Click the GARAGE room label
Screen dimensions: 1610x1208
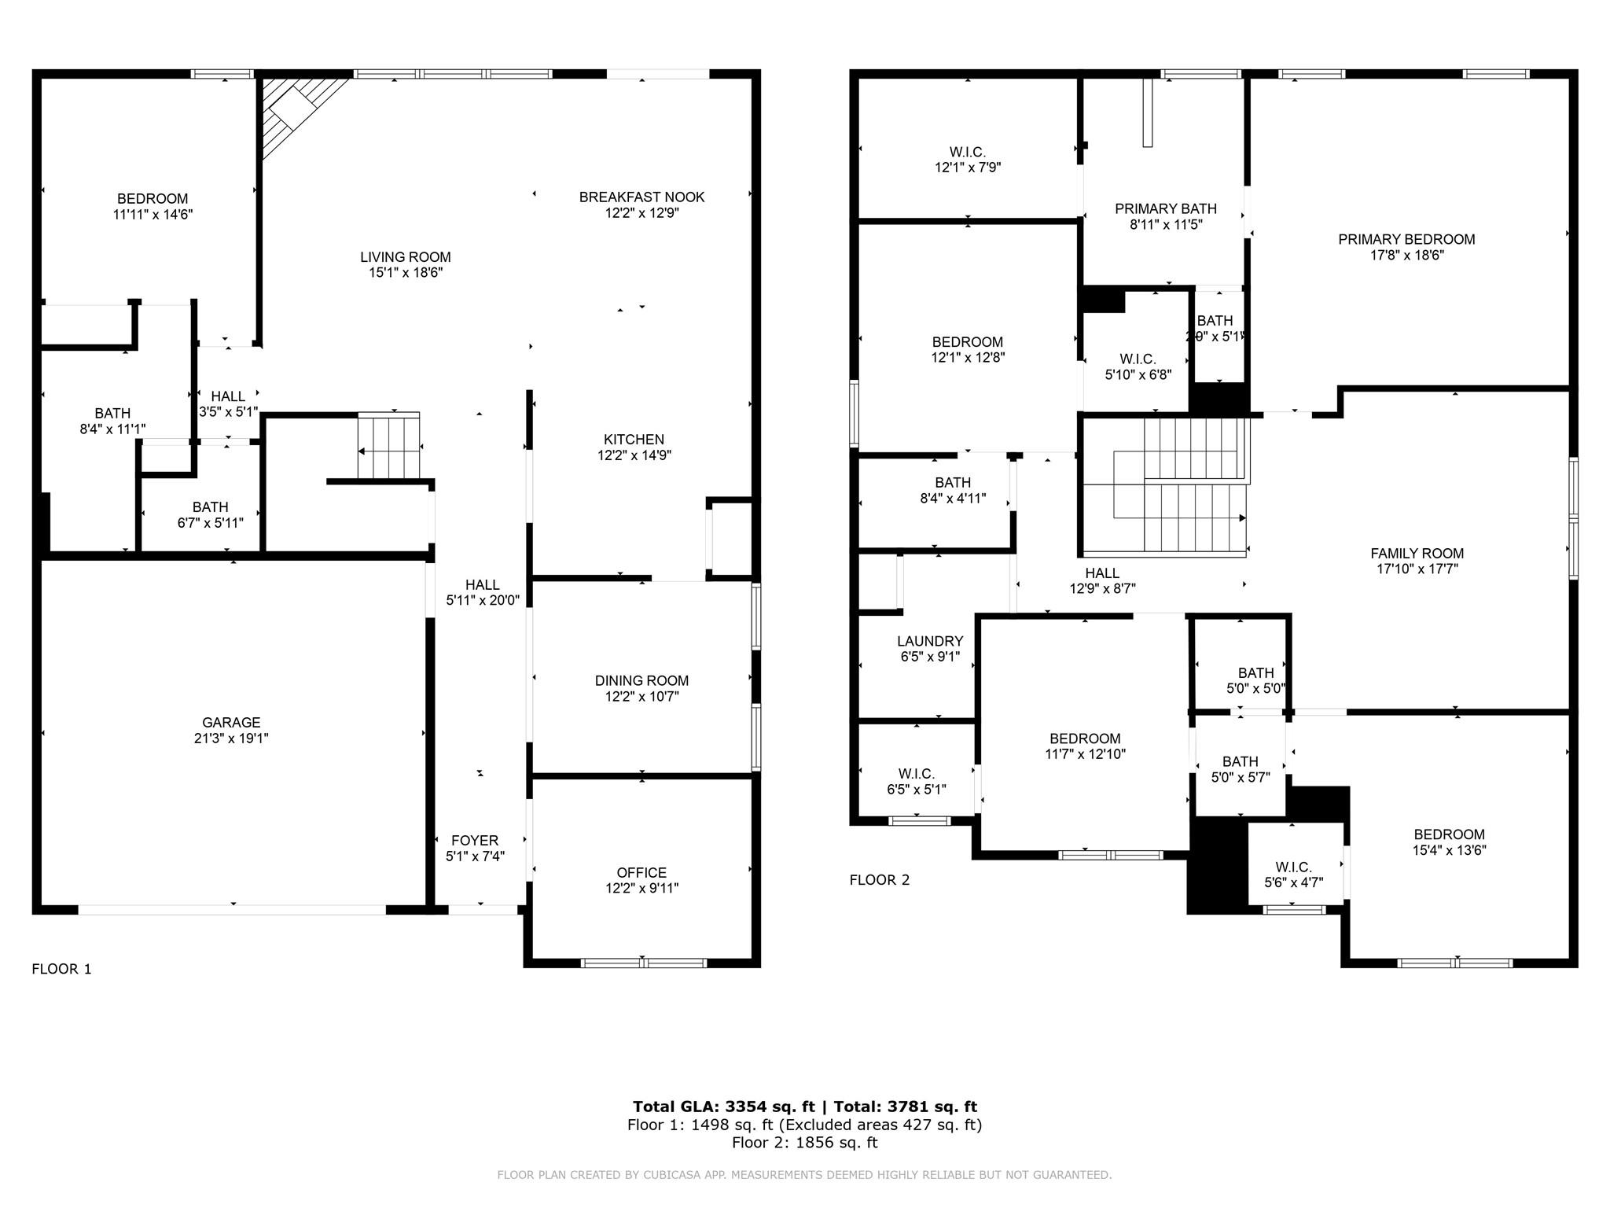(231, 722)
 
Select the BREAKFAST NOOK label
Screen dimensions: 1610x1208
(641, 197)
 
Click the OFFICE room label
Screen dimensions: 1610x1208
(641, 872)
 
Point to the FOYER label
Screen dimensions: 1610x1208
(475, 840)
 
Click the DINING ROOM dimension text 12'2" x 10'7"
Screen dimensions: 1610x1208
(641, 697)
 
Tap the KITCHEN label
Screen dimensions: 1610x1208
(634, 439)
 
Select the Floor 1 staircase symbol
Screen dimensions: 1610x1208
(389, 446)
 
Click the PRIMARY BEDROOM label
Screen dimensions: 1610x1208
(1406, 239)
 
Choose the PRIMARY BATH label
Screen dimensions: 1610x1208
(1166, 208)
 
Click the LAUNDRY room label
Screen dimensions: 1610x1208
(930, 641)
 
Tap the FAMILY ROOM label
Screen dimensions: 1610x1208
(1417, 553)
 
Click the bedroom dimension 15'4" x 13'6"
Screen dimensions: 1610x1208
(1449, 850)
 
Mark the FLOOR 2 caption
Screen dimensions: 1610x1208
(880, 880)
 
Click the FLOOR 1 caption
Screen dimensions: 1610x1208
(61, 969)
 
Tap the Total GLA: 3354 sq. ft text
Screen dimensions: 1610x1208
(724, 1107)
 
